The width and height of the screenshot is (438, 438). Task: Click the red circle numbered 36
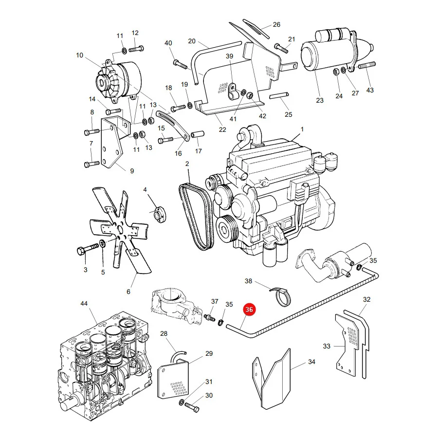[249, 310]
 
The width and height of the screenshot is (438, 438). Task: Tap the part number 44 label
[84, 303]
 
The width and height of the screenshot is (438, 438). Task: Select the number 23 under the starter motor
[320, 100]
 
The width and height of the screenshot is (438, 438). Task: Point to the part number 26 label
[276, 25]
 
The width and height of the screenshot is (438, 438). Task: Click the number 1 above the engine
[302, 129]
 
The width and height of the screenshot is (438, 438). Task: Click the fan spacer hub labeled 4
[159, 214]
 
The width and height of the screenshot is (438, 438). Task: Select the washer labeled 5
[103, 243]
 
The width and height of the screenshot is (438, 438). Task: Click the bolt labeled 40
[180, 64]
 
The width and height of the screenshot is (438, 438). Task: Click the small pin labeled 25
[279, 96]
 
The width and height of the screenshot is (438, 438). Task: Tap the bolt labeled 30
[192, 407]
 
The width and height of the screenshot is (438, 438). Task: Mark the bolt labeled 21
[281, 48]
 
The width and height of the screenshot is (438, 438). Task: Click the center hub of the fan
[120, 231]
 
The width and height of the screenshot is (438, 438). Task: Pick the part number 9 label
[132, 171]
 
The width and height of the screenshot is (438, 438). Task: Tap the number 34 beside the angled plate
[312, 362]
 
